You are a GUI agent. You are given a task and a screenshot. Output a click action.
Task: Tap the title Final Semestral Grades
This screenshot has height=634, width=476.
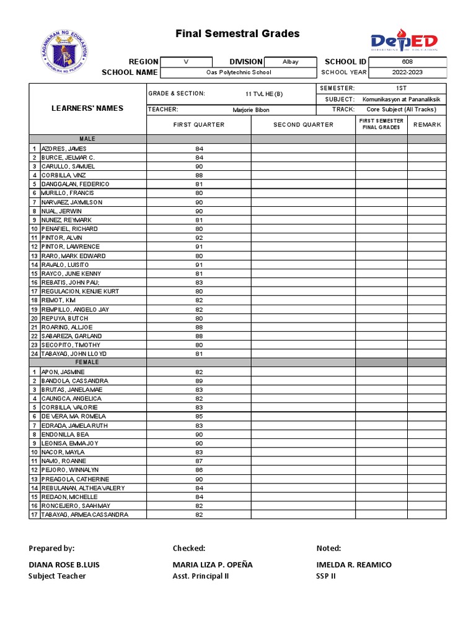[237, 34]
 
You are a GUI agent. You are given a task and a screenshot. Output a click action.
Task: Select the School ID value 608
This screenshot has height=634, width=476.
[407, 62]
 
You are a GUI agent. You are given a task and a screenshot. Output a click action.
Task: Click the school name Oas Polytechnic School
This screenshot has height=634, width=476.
[239, 72]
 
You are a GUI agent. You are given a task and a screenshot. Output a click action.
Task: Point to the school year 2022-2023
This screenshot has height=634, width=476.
[407, 72]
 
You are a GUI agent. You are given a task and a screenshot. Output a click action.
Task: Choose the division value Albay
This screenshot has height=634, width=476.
[291, 62]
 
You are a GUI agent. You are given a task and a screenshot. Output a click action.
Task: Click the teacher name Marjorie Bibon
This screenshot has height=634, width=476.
[251, 110]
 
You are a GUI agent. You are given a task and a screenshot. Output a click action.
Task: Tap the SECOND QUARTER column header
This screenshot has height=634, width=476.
[303, 124]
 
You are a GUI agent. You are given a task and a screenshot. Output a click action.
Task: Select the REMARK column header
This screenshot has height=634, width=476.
[427, 124]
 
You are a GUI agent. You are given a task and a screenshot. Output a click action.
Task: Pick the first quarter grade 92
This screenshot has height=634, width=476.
[199, 238]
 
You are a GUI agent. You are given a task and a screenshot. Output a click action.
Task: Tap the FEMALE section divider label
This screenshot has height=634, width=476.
[87, 362]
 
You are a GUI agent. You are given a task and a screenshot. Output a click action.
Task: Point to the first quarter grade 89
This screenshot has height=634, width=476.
[199, 381]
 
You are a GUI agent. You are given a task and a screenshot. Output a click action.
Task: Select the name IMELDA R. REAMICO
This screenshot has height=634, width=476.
[353, 565]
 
